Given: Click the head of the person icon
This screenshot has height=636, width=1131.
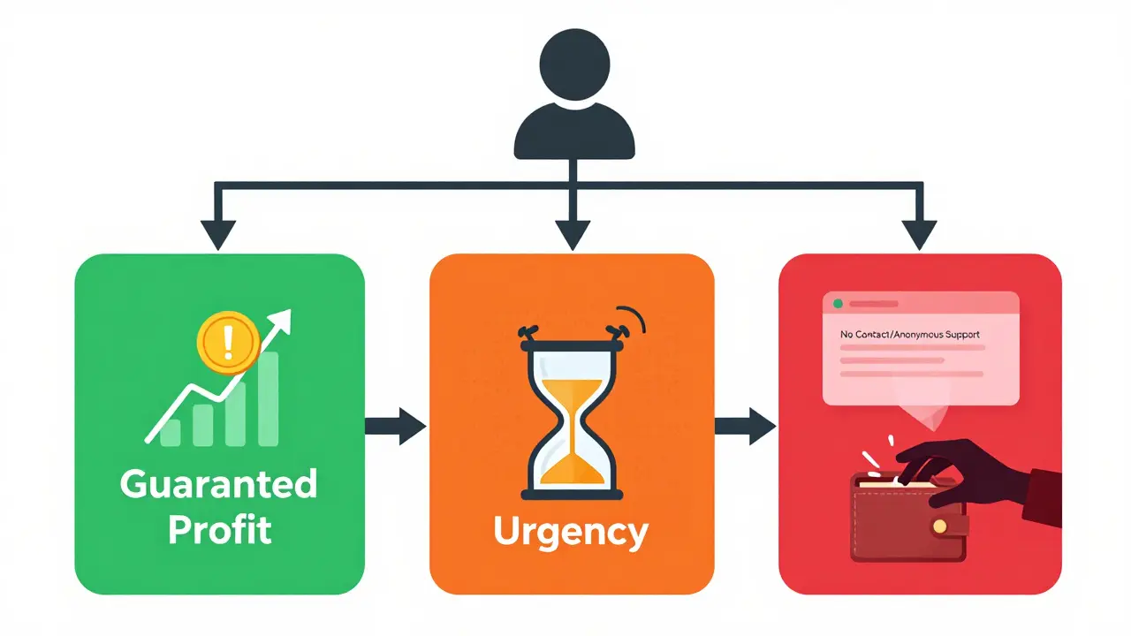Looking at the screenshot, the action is click(574, 64).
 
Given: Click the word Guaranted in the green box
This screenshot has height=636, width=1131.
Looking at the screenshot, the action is click(218, 484).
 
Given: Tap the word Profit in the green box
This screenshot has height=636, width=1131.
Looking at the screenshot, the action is click(220, 529).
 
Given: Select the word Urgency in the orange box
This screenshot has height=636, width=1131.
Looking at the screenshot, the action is click(571, 533).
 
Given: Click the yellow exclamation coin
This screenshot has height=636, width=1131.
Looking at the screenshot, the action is click(228, 343).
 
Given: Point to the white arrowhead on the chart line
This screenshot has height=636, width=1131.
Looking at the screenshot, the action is click(280, 322).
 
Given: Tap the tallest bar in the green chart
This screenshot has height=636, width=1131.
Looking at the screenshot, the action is click(268, 398).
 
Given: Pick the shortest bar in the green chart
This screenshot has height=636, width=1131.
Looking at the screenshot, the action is click(171, 433).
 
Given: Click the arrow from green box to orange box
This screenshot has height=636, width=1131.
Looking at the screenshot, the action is click(395, 427).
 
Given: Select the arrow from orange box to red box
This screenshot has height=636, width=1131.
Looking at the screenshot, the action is click(745, 427).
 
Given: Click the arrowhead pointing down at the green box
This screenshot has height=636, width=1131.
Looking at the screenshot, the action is click(218, 235).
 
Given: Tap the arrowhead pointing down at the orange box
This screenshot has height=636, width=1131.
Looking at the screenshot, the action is click(573, 235).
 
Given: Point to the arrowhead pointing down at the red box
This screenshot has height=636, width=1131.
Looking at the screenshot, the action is click(920, 235).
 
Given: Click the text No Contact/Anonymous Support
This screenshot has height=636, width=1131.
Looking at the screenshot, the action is click(910, 334).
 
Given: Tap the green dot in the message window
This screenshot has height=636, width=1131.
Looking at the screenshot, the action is click(839, 303).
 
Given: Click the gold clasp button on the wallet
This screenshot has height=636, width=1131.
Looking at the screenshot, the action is click(939, 526).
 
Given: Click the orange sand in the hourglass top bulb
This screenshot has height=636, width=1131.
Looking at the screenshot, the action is click(572, 394).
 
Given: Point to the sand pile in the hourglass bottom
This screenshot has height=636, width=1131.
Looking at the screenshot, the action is click(572, 469).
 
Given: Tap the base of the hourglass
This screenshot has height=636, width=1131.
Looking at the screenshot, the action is click(572, 495).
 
